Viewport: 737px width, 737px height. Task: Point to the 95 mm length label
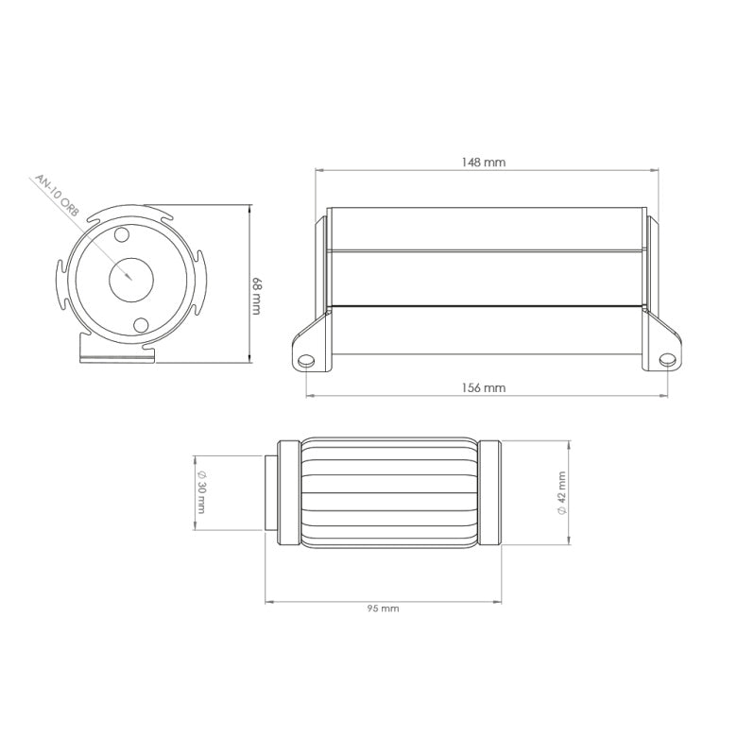383,608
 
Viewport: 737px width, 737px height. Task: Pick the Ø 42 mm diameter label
561,492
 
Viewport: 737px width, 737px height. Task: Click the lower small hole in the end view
142,325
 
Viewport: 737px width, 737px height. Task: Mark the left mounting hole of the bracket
305,361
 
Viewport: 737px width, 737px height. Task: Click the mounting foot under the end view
113,352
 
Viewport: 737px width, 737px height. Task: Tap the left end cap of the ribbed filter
287,492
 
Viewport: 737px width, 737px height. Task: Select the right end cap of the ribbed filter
489,492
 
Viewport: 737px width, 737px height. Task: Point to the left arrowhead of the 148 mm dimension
319,170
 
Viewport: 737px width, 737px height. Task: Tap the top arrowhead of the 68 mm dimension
249,208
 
